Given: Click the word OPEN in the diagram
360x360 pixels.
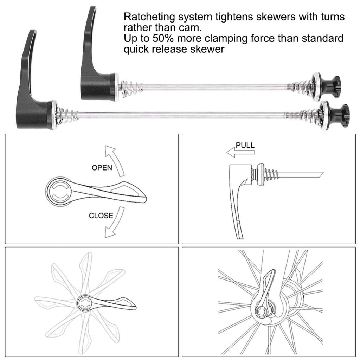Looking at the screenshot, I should coord(102,168).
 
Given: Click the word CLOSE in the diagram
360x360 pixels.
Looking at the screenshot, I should coord(101,216).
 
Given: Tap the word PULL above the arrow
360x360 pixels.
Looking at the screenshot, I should coord(245,145).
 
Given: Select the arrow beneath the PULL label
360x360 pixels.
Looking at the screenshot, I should coord(240,153).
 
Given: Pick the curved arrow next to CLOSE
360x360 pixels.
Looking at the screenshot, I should coord(115,222).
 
